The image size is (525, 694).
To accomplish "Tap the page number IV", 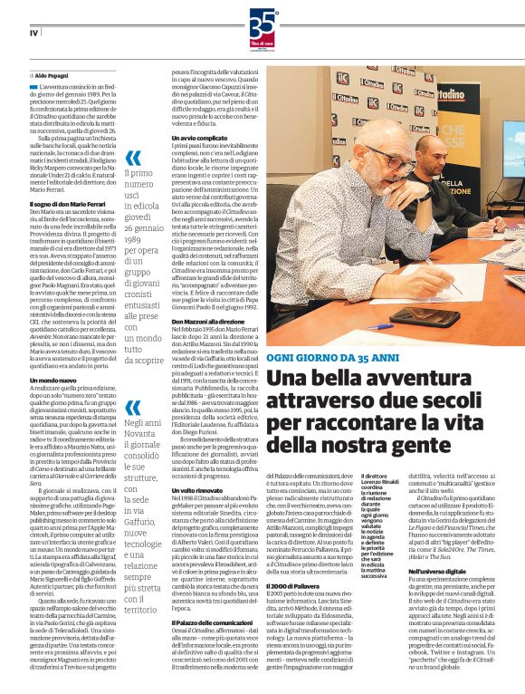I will click(33, 33).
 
